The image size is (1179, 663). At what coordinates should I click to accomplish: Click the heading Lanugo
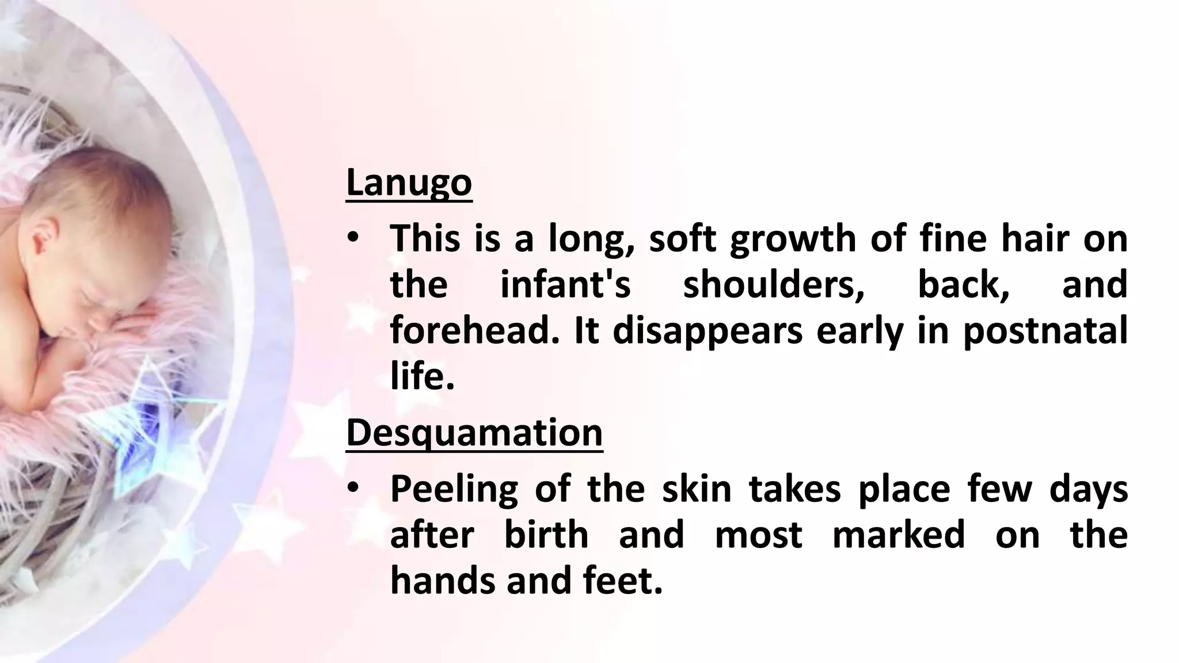pyautogui.click(x=409, y=183)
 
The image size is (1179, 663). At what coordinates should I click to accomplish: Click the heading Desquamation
pyautogui.click(x=474, y=433)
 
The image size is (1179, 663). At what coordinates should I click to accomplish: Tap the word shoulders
pyautogui.click(x=774, y=285)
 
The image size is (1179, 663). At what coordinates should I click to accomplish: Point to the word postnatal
pyautogui.click(x=1045, y=332)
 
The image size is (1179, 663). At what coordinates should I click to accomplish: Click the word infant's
pyautogui.click(x=565, y=285)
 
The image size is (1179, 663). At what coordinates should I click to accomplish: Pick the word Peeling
pyautogui.click(x=454, y=489)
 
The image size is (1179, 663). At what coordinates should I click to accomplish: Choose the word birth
pyautogui.click(x=546, y=535)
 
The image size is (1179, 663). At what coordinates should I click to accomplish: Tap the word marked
pyautogui.click(x=899, y=535)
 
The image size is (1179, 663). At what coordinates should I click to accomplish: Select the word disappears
pyautogui.click(x=708, y=332)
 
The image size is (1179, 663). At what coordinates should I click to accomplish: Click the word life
pyautogui.click(x=422, y=378)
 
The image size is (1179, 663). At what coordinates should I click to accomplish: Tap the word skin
pyautogui.click(x=696, y=489)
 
